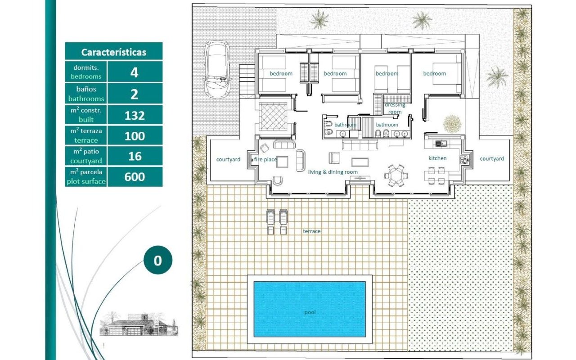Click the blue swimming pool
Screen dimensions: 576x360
tap(310, 309)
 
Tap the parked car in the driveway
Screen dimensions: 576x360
tap(217, 69)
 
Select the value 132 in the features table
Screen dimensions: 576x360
tap(135, 116)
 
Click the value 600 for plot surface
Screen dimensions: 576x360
tap(135, 177)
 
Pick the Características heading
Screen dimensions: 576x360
tap(114, 52)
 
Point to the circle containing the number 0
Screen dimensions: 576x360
tap(158, 260)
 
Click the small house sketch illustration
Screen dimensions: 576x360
tap(139, 324)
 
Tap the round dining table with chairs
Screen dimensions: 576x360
tap(396, 175)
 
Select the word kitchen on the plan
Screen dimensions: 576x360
tap(437, 158)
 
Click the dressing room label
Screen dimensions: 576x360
tap(395, 108)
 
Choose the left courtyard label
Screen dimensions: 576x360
tap(228, 159)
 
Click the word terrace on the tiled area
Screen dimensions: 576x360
tap(312, 231)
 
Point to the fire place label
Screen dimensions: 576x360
tap(265, 159)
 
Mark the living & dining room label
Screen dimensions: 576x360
tap(333, 172)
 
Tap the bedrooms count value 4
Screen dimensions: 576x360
tap(134, 72)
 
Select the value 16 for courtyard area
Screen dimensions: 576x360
tap(135, 156)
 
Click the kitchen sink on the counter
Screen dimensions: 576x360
tap(441, 144)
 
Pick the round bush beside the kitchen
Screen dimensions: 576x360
tap(452, 124)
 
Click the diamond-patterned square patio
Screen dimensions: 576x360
tap(273, 117)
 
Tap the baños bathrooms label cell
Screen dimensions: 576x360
tap(86, 94)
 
